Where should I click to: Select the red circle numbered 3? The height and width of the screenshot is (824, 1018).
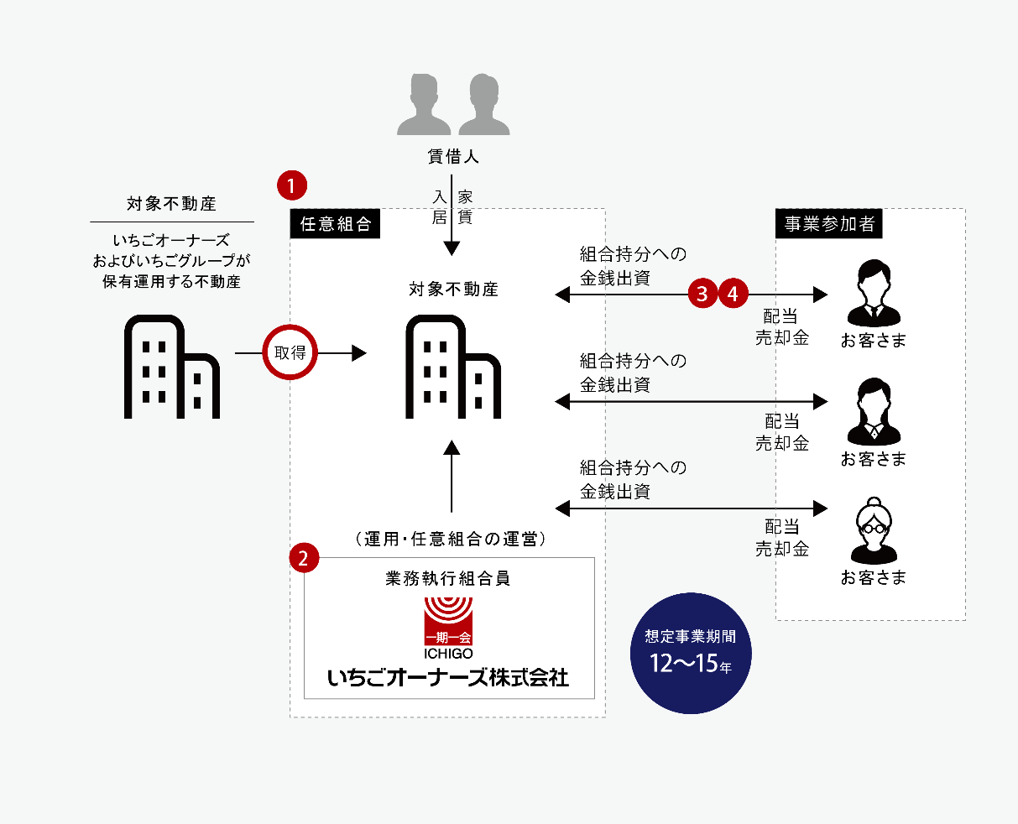(702, 294)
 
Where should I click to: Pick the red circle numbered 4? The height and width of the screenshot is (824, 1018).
(733, 294)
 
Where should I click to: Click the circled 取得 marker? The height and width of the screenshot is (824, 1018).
(290, 353)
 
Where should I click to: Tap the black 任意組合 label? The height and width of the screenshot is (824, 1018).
(335, 225)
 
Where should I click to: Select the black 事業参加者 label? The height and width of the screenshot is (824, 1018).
(828, 224)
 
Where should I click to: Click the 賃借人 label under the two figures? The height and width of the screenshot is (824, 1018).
(452, 157)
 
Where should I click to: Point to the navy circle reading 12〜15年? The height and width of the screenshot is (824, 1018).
(691, 654)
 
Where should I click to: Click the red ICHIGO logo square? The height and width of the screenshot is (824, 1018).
(448, 621)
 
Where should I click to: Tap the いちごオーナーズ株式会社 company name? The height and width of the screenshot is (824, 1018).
(448, 677)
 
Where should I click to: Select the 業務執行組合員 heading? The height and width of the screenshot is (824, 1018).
(447, 579)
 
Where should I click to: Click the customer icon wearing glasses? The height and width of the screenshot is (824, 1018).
(874, 531)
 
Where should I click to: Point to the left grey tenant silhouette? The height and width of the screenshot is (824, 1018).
(424, 105)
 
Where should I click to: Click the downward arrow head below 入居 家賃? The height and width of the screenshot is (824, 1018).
(452, 248)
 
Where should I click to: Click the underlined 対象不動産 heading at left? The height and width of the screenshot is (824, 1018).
(171, 204)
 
